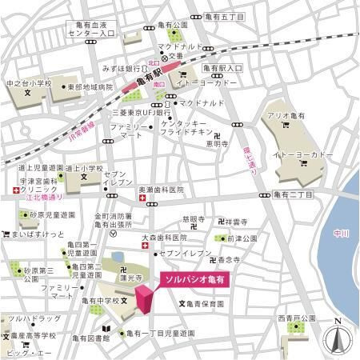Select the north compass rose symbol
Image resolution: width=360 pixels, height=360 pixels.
click(x=338, y=338)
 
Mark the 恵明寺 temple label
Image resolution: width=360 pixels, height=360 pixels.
click(x=216, y=144)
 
